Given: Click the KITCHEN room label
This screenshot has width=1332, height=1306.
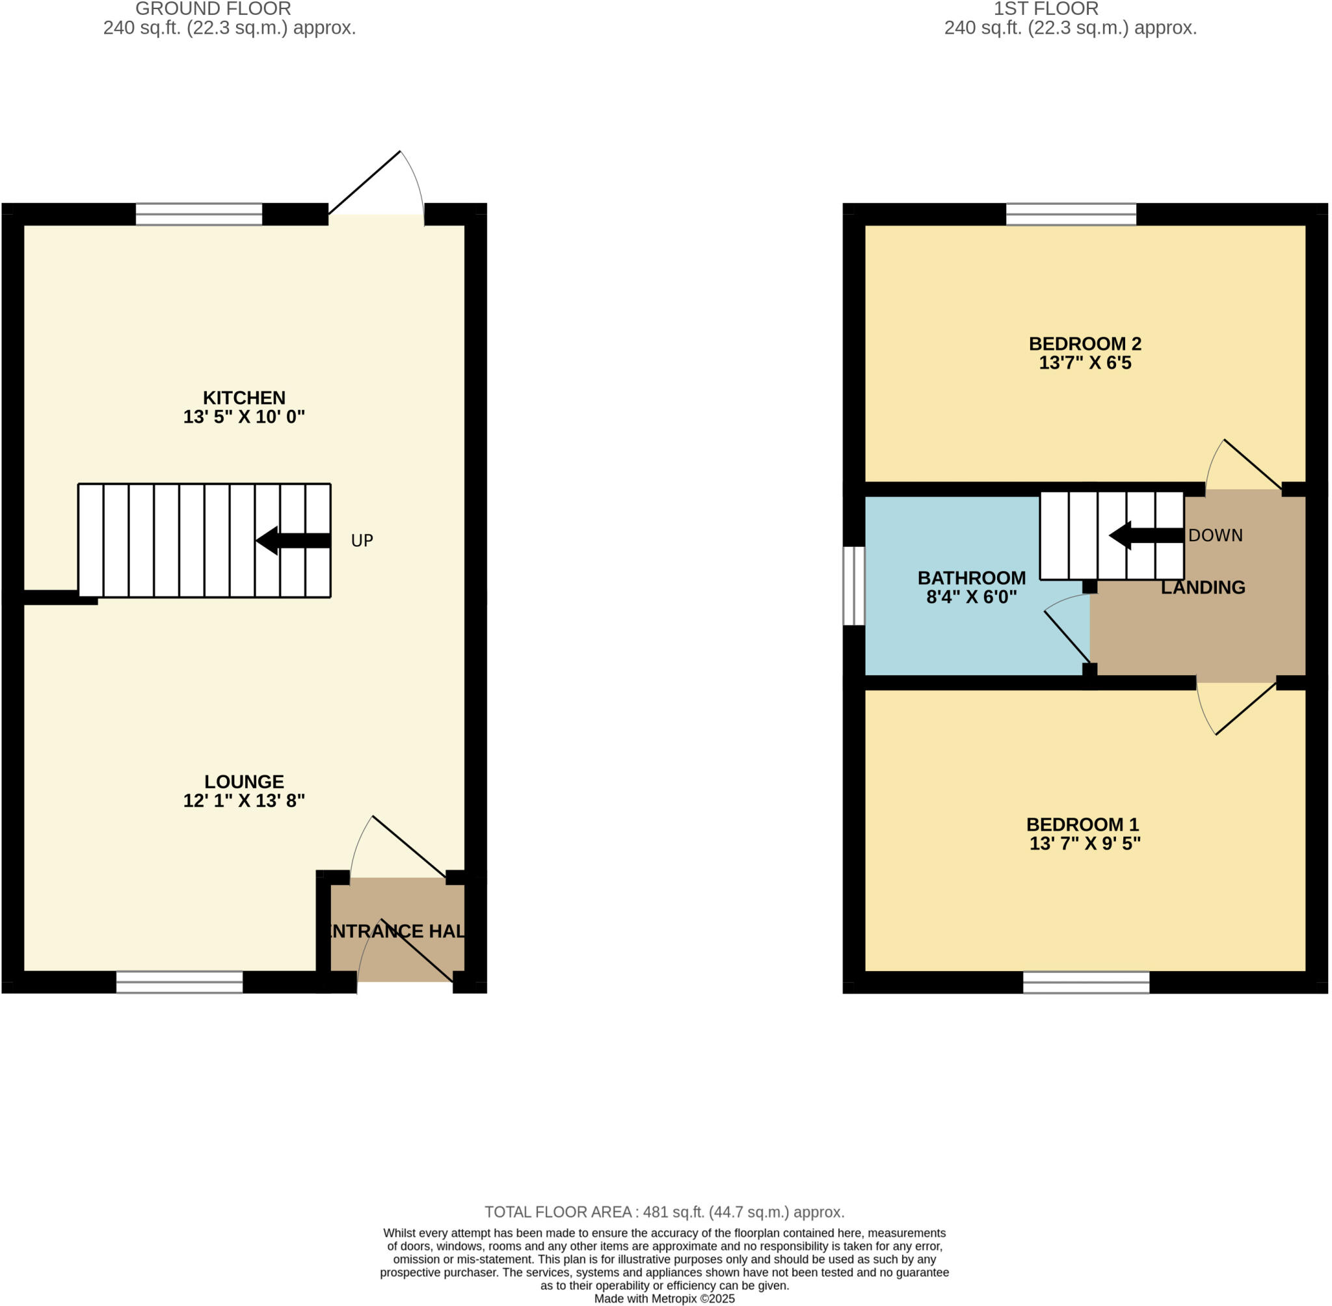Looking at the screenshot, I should point(243,398).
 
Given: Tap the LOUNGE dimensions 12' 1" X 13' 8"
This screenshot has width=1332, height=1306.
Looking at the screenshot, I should point(243,801).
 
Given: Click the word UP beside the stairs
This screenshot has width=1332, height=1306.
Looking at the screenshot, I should point(362,540).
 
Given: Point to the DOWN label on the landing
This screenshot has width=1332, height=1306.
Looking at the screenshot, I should point(1215,535).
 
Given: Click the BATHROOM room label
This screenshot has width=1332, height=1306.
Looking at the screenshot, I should point(971,578).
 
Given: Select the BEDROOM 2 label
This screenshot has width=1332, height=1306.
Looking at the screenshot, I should point(1084,343).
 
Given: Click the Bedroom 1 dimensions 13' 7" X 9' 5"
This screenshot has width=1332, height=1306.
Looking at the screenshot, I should point(1084,843).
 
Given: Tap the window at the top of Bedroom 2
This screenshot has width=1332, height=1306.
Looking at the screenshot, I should point(1071,214).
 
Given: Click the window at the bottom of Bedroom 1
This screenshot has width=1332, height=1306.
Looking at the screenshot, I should point(1086,982).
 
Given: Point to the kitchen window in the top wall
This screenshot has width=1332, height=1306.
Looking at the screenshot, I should point(199,214).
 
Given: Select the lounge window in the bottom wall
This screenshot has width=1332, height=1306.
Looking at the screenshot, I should point(179,982).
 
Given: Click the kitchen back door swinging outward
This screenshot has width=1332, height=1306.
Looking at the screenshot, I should point(364,183).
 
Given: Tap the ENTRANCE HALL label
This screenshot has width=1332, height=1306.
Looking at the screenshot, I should point(397,931).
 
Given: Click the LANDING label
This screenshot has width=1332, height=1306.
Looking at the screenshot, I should point(1203,587).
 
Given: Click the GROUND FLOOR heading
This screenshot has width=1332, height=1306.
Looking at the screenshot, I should point(213,9).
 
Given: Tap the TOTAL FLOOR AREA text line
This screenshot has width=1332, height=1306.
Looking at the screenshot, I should point(664,1212).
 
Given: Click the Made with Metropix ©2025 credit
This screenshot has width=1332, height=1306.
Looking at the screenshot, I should point(664,1298).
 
